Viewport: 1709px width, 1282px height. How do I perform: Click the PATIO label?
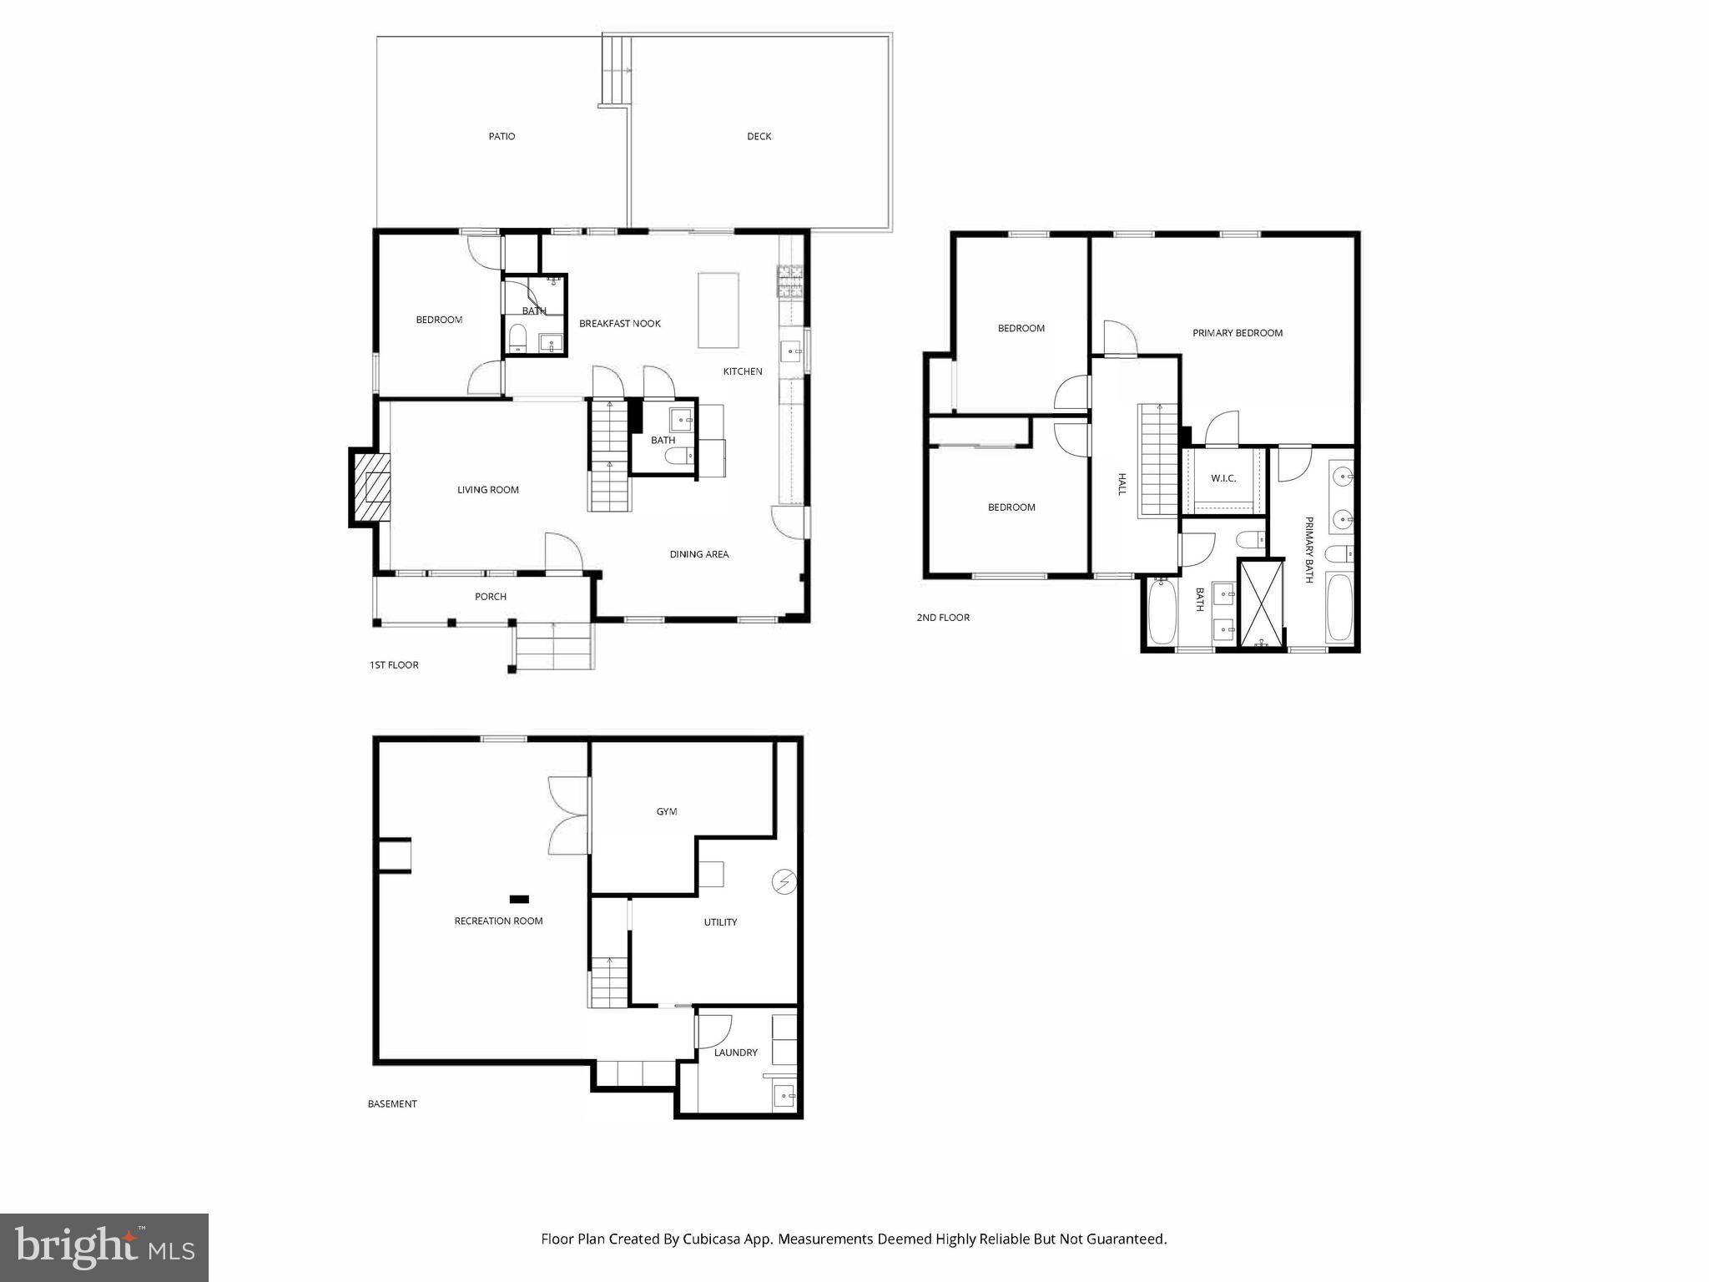(502, 136)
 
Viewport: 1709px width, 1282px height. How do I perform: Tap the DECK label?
(759, 136)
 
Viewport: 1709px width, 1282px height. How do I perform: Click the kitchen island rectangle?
(718, 310)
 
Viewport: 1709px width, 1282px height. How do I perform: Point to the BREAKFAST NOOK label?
(619, 324)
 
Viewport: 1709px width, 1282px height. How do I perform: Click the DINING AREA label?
(698, 554)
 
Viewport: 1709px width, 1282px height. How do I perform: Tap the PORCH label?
(491, 597)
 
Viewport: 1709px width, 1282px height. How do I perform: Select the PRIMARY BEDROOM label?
(1237, 333)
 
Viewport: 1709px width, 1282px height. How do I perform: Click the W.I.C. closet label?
(1223, 478)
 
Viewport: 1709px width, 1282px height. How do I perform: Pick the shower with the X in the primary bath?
(1261, 603)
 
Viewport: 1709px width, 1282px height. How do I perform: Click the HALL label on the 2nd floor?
(1122, 484)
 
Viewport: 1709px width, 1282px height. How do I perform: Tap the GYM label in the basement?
(666, 811)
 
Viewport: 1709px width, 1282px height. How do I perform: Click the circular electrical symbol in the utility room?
(784, 881)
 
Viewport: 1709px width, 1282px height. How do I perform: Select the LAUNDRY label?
(735, 1052)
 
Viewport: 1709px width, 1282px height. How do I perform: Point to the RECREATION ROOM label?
(498, 921)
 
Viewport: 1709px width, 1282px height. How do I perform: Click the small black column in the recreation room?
(519, 899)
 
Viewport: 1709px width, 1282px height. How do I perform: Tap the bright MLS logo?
(104, 1247)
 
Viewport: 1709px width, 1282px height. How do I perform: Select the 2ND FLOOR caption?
(943, 618)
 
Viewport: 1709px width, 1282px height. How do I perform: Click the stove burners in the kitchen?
(789, 281)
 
